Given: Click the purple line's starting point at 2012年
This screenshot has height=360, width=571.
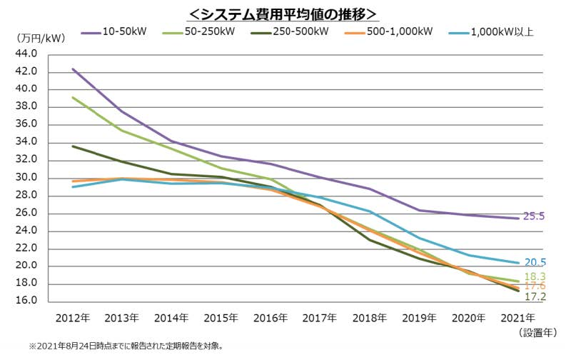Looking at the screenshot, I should tap(73, 69).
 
